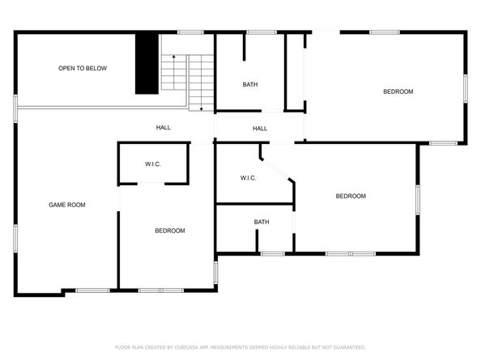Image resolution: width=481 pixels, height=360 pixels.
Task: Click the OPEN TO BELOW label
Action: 83,69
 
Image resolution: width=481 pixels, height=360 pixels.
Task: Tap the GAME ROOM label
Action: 67,205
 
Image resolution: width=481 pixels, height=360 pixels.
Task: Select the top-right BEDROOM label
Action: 398,91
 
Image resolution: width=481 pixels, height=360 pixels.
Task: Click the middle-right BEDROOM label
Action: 351,196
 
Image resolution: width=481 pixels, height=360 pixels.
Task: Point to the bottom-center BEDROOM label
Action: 170,231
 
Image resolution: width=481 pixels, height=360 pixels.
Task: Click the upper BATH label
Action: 250,84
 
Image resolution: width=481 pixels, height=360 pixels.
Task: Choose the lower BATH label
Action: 262,222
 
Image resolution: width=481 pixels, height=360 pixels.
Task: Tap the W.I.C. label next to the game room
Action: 153,164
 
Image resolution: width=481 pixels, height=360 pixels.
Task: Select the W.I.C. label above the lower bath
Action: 249,178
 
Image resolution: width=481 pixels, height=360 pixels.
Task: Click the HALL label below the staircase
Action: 164,128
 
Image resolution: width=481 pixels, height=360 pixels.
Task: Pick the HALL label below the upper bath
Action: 260,128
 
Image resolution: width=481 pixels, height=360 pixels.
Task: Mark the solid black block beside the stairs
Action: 145,64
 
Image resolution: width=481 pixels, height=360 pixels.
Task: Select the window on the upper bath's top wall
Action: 262,32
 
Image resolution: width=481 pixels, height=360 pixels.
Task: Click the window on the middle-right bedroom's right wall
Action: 418,197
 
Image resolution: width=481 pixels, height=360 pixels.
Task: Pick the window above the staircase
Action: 190,32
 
